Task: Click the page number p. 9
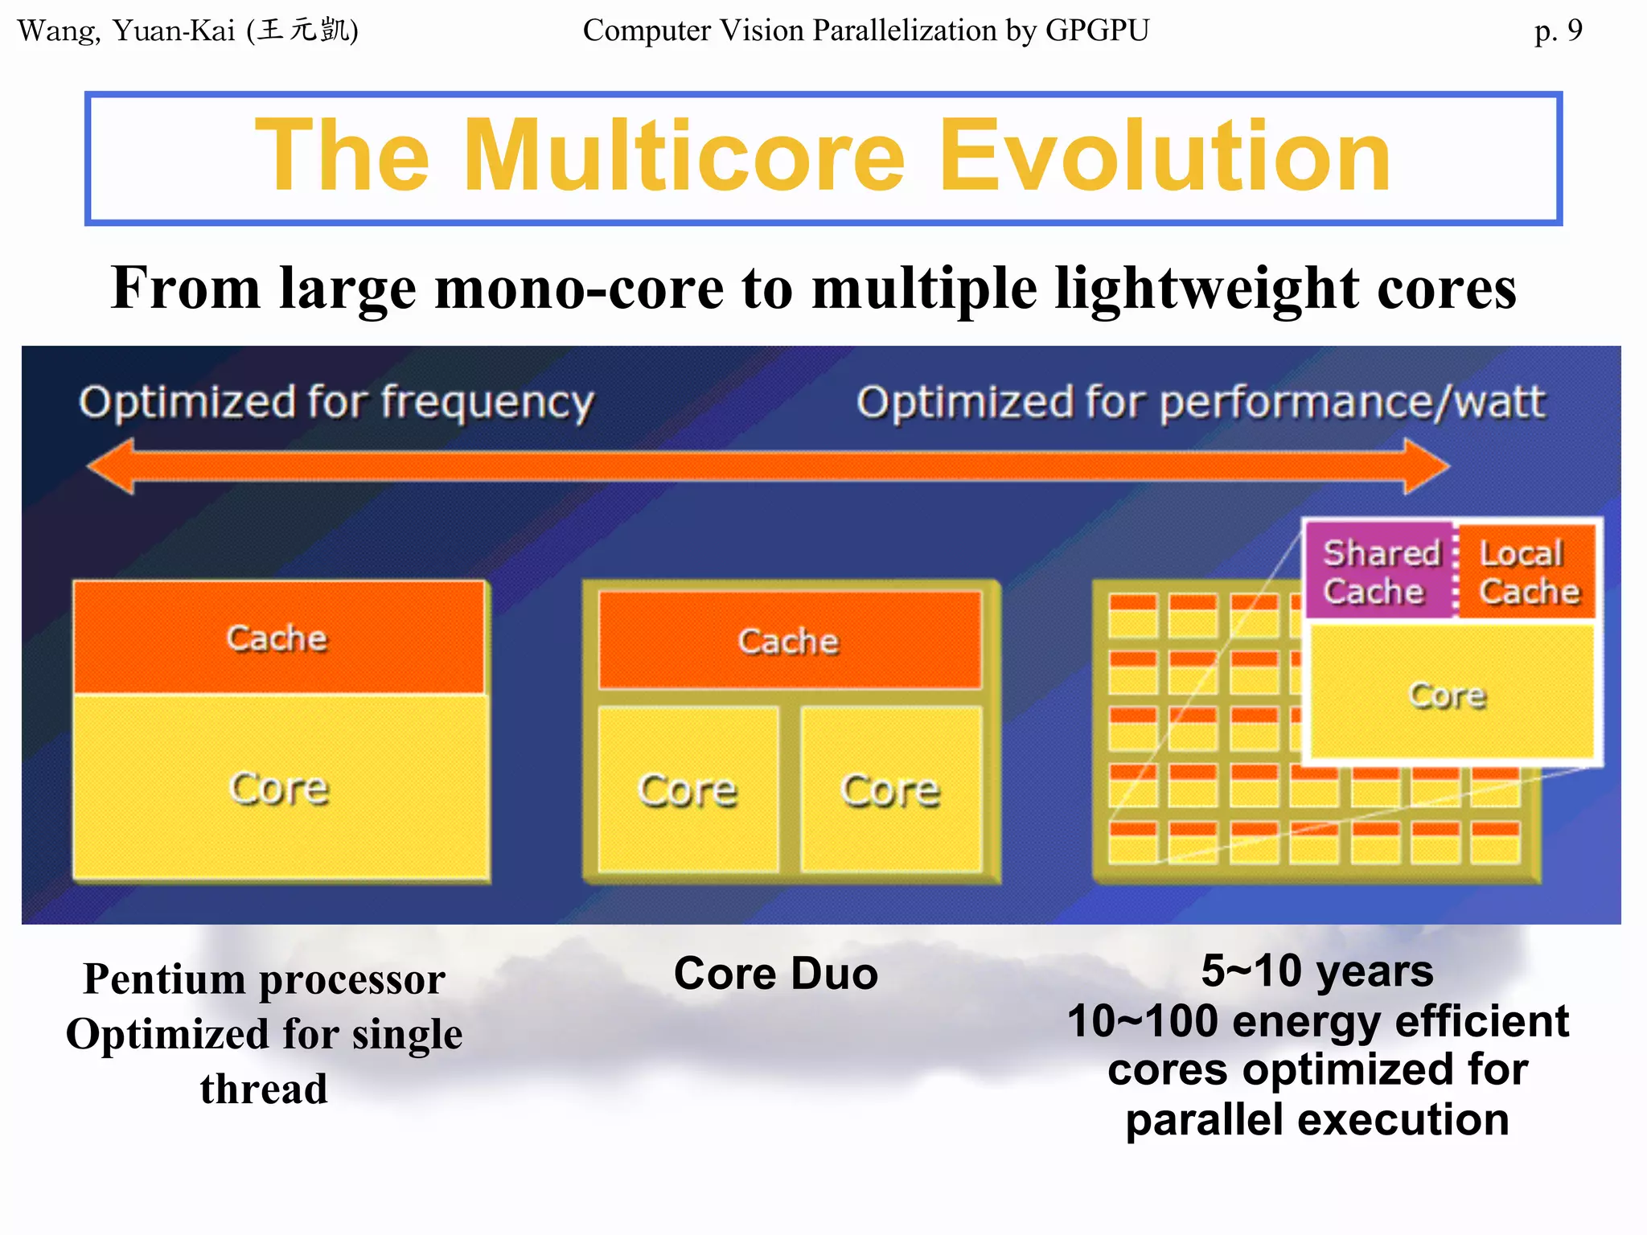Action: pos(1558,31)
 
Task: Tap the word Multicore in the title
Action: pos(684,156)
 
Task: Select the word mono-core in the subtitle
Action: pos(579,288)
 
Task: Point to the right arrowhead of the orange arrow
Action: pos(1427,466)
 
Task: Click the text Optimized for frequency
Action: pos(336,402)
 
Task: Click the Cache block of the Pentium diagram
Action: pos(278,638)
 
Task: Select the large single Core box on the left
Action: pos(280,788)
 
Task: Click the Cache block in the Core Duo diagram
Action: pos(789,641)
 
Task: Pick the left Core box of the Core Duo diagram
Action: pos(688,790)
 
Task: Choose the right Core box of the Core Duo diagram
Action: pos(891,790)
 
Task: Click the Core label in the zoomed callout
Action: pos(1448,695)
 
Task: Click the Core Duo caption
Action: pos(776,974)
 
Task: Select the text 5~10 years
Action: pos(1317,970)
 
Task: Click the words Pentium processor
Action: pos(264,979)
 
